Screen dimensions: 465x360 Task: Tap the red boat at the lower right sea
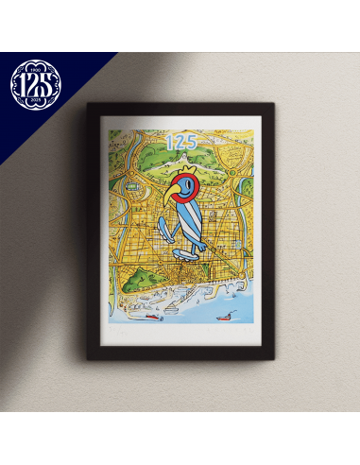click(x=228, y=315)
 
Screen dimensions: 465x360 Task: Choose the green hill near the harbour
click(x=138, y=280)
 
